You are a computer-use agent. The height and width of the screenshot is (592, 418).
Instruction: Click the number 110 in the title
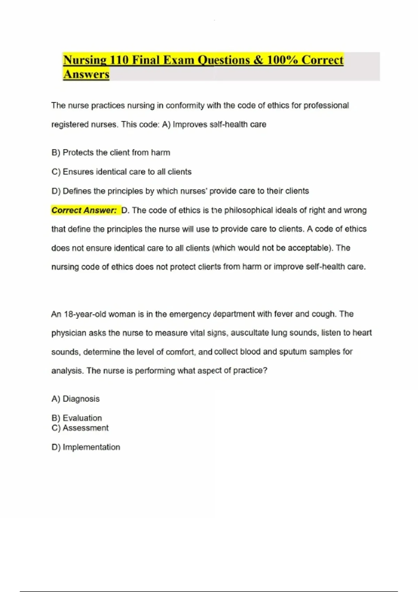coord(119,60)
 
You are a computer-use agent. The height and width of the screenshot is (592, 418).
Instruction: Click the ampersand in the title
coord(258,60)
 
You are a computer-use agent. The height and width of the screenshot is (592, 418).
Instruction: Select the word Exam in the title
coord(178,60)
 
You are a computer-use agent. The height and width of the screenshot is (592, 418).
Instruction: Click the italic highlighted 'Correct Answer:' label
coord(84,210)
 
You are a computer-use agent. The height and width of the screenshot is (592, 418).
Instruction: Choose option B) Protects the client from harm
coord(111,153)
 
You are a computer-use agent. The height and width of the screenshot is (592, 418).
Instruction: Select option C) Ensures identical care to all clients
coord(121,172)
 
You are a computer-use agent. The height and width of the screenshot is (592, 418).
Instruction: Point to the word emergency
coord(190,314)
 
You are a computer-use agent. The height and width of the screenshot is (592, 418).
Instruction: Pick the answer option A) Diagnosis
coord(76,399)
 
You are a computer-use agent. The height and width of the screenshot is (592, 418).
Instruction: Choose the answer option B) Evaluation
coord(77,418)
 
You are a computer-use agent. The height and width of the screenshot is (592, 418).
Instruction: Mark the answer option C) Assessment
coord(80,428)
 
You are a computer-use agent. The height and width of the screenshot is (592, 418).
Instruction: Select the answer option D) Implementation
coord(86,447)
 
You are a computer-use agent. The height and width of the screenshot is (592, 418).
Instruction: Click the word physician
coord(69,333)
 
